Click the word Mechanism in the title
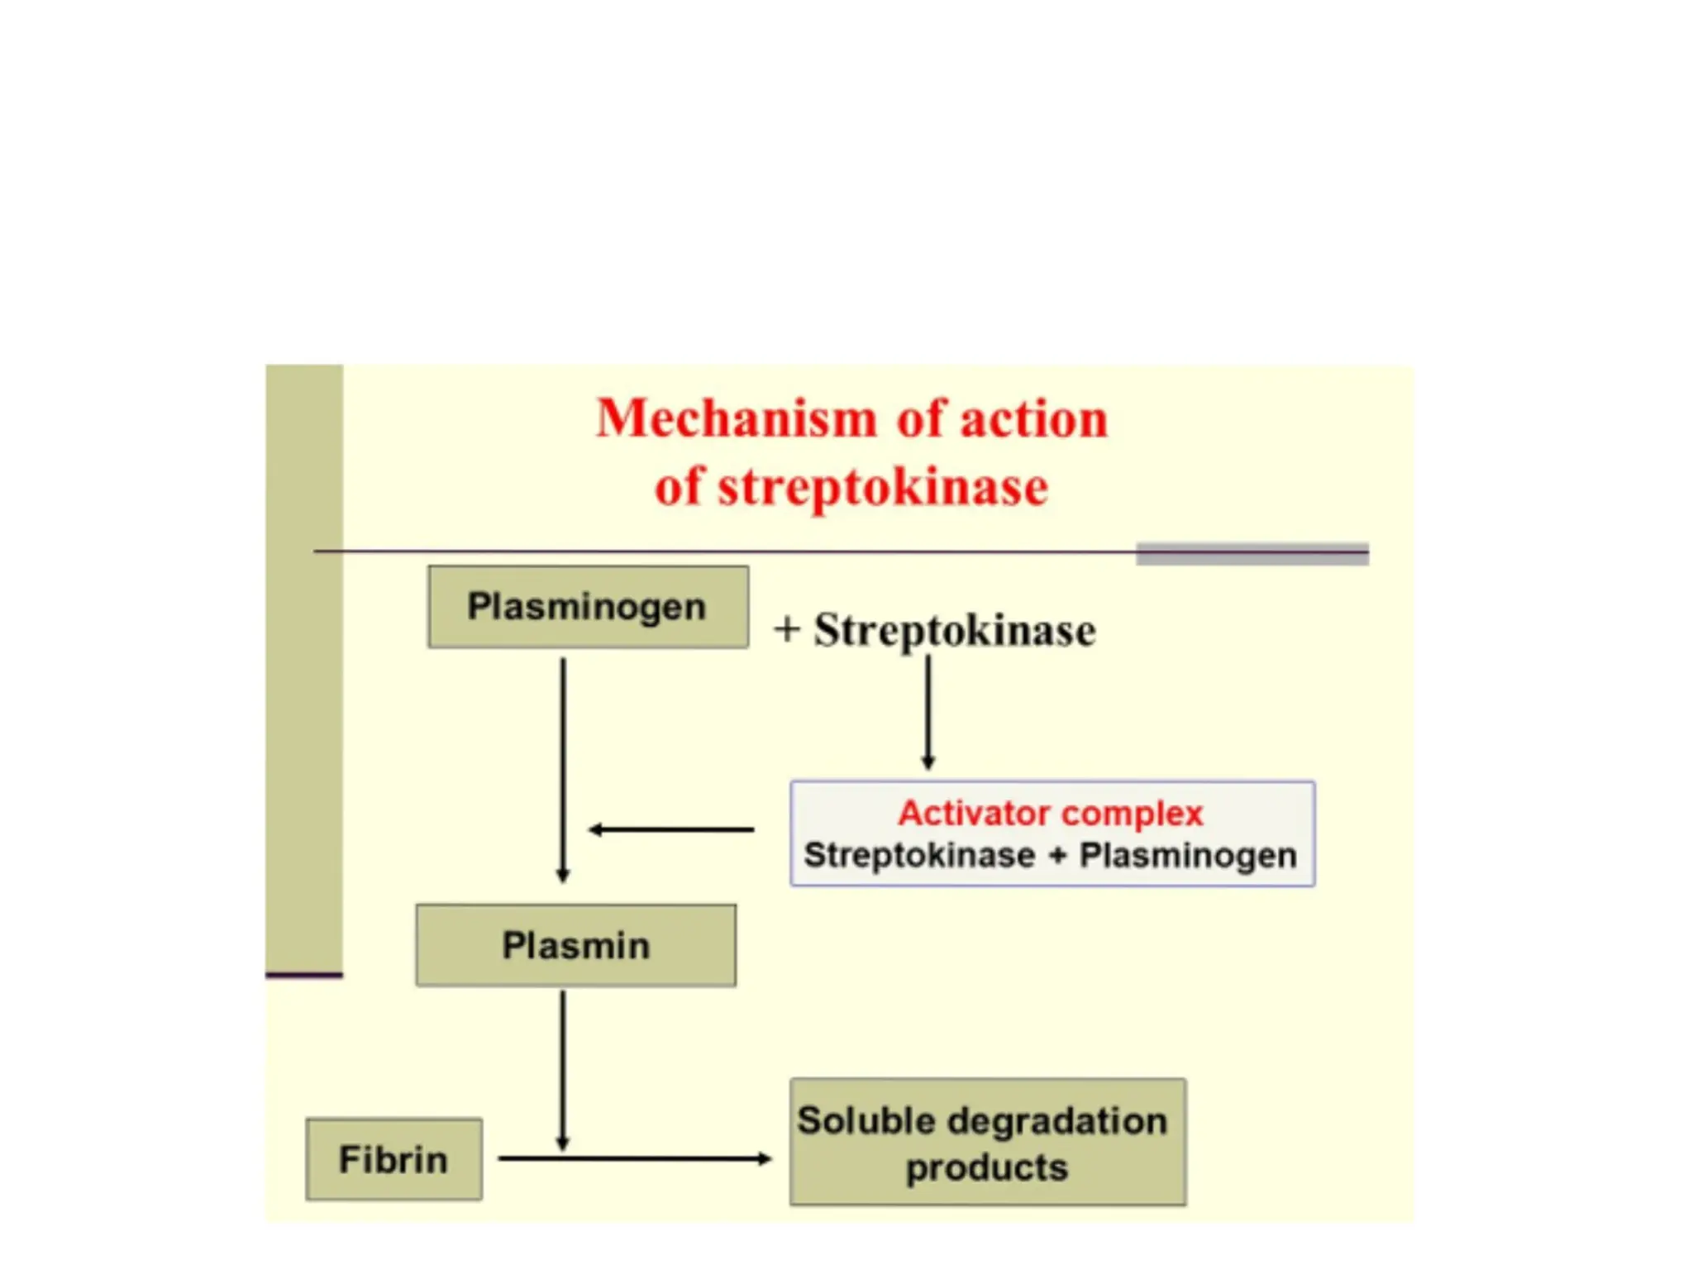736,418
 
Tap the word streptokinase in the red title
883,487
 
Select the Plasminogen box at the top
588,607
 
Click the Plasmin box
575,945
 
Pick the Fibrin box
393,1159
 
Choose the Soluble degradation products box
987,1142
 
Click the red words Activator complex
1050,814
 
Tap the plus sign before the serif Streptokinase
786,629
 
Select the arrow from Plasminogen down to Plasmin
563,769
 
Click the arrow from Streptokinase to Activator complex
928,711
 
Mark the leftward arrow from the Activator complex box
671,829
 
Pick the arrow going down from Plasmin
563,1071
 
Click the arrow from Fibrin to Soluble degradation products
635,1159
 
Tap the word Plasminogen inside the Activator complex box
1187,856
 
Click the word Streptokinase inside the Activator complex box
918,856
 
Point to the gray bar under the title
1252,555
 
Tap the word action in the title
1032,418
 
